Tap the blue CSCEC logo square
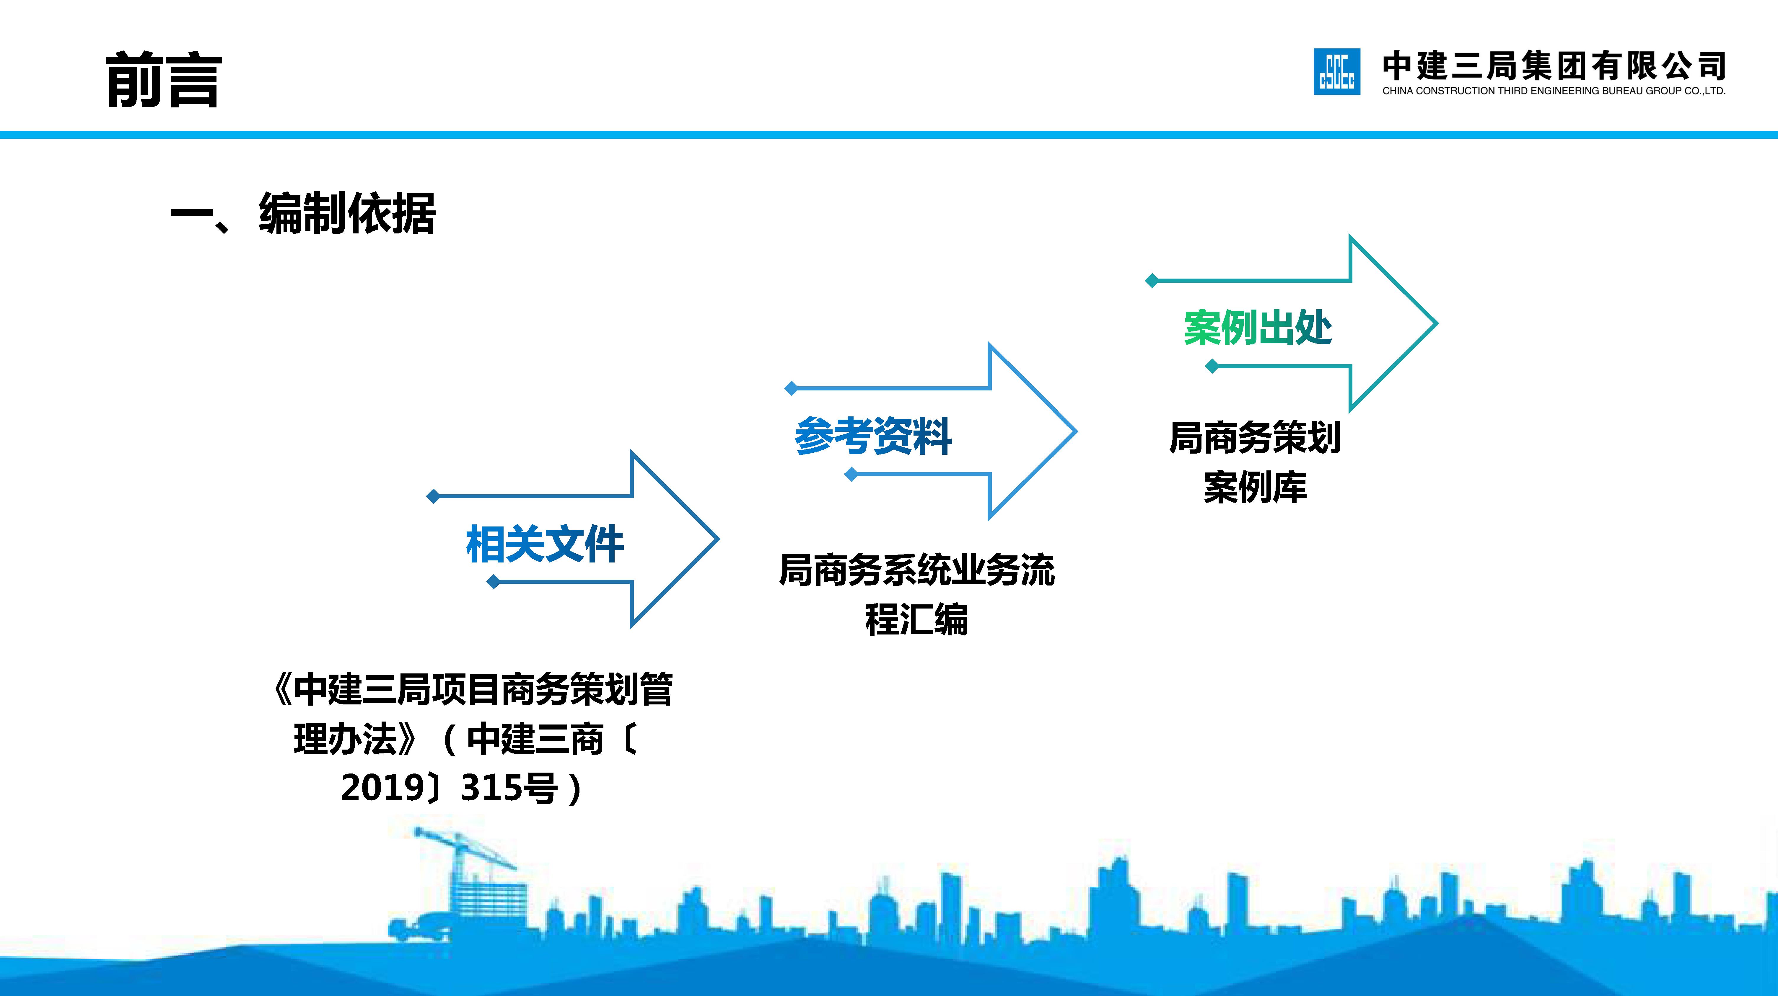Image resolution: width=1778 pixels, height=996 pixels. (1336, 72)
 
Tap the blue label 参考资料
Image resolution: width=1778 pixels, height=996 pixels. (873, 436)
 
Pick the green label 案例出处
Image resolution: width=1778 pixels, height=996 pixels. (1258, 328)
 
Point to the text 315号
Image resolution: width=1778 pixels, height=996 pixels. (509, 788)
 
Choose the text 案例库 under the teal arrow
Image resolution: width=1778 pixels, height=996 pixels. (1255, 487)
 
